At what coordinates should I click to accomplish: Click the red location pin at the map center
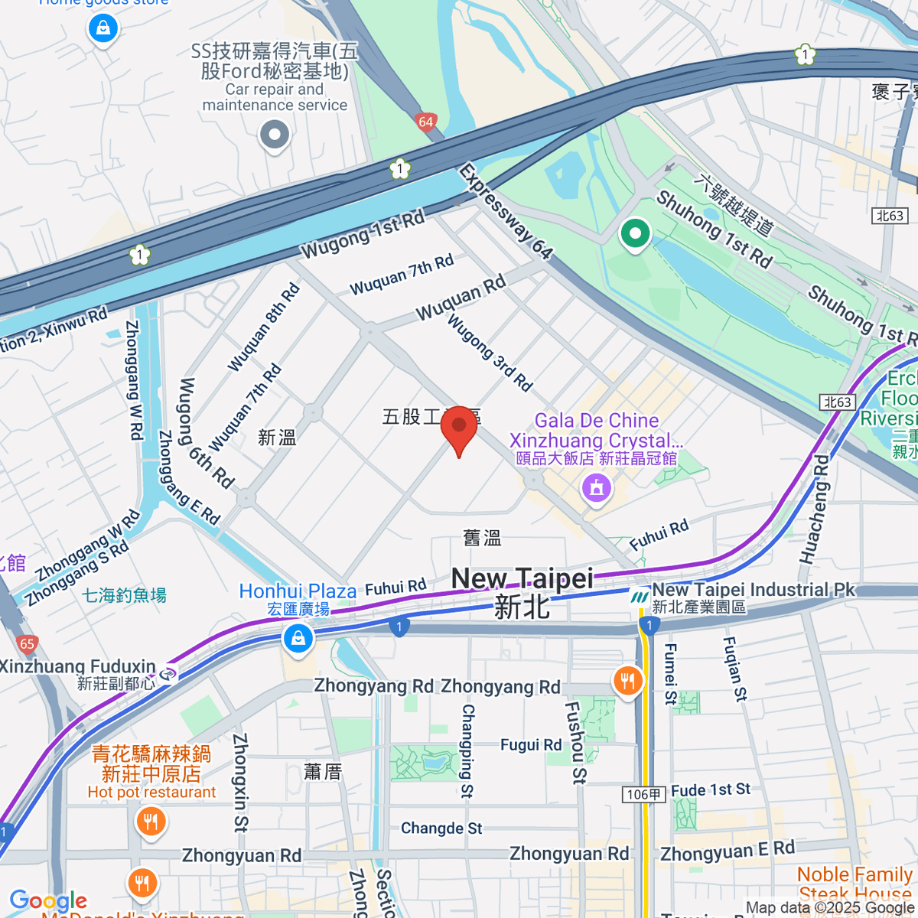click(x=459, y=426)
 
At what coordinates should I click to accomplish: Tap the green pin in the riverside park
click(x=634, y=233)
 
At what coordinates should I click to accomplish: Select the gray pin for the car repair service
click(x=274, y=136)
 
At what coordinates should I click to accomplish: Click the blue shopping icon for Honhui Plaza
click(x=298, y=638)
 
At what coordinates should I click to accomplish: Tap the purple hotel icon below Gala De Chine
click(x=597, y=487)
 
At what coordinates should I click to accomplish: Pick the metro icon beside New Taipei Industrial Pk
click(x=640, y=596)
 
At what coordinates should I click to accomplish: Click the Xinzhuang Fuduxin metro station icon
click(x=168, y=674)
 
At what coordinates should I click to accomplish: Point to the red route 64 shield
click(x=426, y=122)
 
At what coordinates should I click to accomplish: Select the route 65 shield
click(x=27, y=643)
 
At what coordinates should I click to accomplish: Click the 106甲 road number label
click(x=643, y=795)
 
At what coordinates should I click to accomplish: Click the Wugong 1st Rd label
click(x=363, y=235)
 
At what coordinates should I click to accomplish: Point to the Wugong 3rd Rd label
click(x=490, y=353)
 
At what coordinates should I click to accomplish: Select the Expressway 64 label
click(x=505, y=211)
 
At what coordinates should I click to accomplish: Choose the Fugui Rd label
click(x=531, y=745)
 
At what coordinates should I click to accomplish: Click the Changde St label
click(x=441, y=828)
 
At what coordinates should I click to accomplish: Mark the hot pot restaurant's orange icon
click(x=150, y=822)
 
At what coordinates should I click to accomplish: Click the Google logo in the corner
click(x=48, y=900)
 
